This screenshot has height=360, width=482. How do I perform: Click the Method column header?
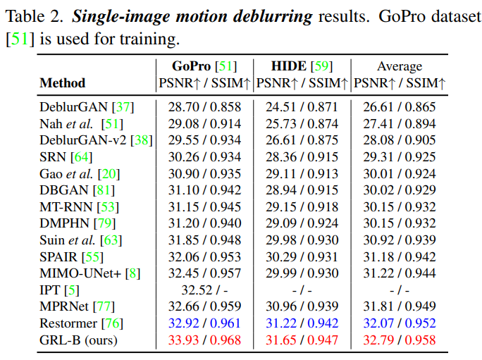pos(62,83)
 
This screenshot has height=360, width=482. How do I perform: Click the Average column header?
pos(400,66)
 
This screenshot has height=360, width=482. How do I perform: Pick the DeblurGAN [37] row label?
pos(87,107)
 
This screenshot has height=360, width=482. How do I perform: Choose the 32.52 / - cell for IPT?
pos(204,290)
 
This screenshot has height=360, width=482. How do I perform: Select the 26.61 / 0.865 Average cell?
pos(400,107)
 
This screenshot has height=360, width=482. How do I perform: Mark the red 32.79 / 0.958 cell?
pos(400,340)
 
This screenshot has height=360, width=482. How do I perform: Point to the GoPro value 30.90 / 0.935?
pos(204,173)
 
